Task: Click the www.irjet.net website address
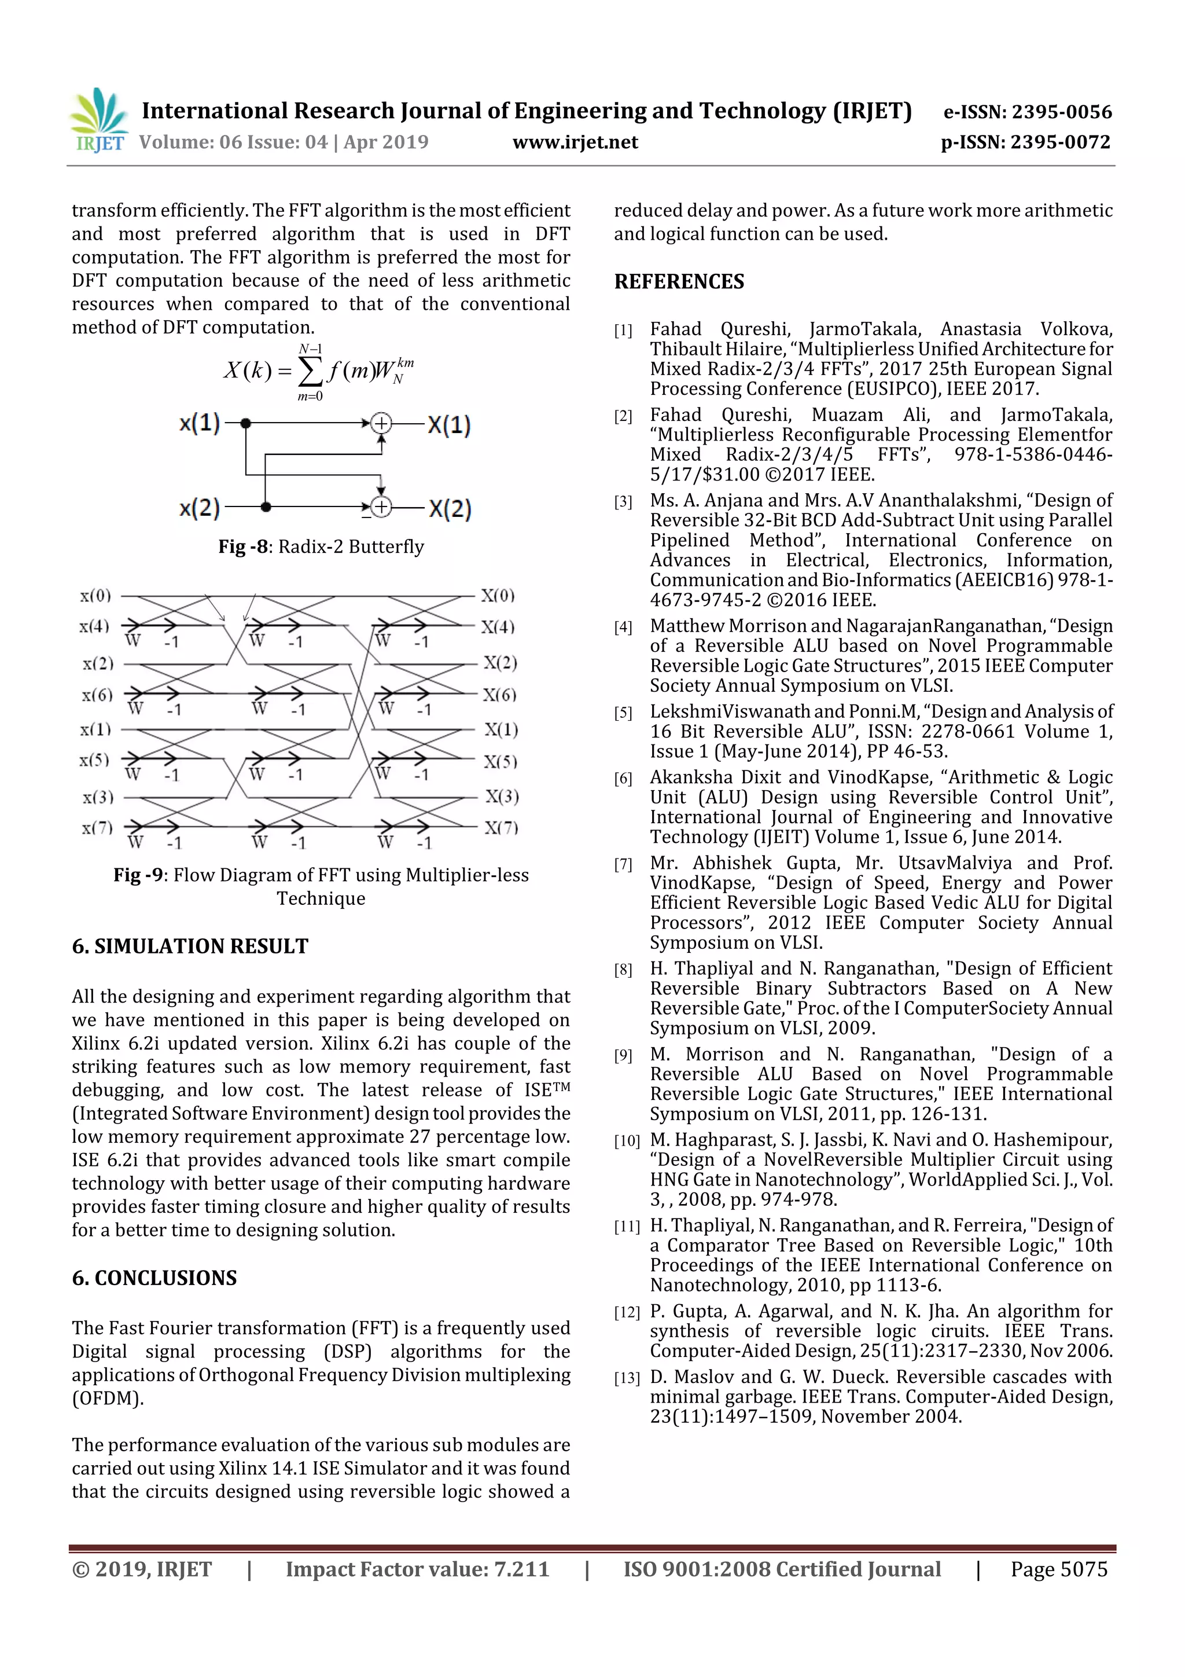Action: [575, 142]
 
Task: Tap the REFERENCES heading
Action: [679, 282]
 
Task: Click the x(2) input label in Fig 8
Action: [199, 508]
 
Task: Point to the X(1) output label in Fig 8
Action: [449, 424]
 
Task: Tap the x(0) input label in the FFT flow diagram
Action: [95, 596]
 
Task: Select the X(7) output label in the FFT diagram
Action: [502, 828]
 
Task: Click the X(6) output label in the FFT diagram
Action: [499, 695]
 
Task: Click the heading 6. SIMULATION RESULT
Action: [190, 946]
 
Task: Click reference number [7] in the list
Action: [623, 865]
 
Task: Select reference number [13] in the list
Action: [627, 1378]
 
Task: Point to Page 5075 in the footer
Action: [1059, 1568]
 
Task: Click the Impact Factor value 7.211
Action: [519, 1568]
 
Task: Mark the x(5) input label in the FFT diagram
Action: [94, 760]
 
